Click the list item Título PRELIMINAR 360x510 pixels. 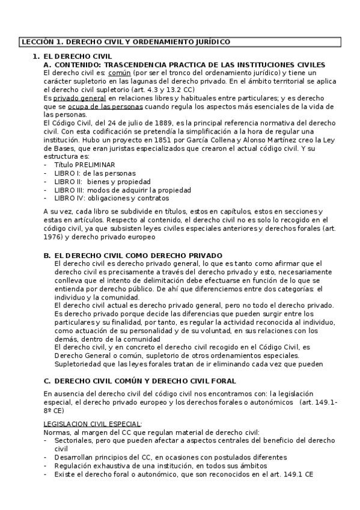84,165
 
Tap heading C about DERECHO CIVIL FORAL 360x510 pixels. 139,381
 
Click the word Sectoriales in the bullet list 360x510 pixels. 72,441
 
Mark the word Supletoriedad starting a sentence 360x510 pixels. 77,363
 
